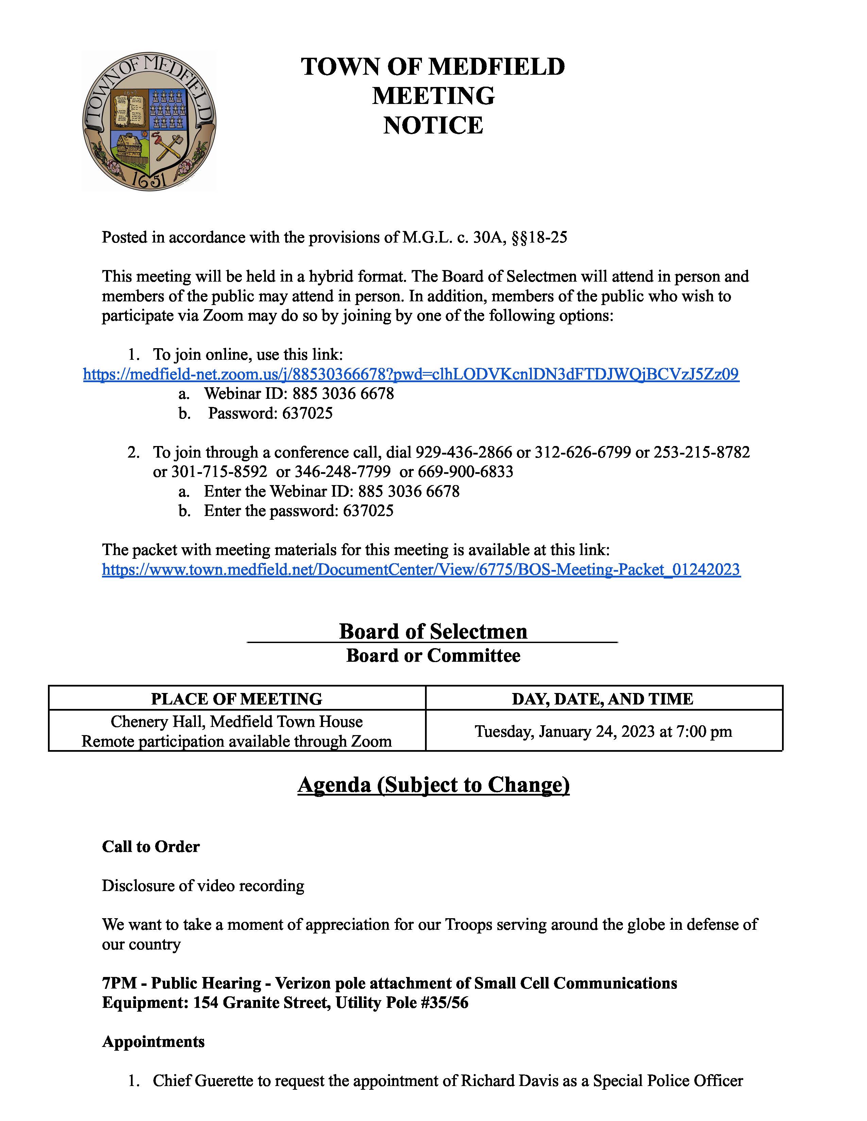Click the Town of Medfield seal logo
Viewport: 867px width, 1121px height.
[149, 122]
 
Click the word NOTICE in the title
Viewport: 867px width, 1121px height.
[433, 126]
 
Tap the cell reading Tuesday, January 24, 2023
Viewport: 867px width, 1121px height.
[603, 731]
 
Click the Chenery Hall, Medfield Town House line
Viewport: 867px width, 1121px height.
[236, 722]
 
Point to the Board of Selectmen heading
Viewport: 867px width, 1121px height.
[433, 631]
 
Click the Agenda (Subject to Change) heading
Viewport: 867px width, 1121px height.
[433, 785]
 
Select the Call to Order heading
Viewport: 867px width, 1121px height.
[151, 847]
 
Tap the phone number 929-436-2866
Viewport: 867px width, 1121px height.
[463, 452]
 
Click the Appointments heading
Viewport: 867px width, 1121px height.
[153, 1042]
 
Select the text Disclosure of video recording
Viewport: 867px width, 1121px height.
[203, 885]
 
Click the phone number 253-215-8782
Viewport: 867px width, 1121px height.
[702, 452]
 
